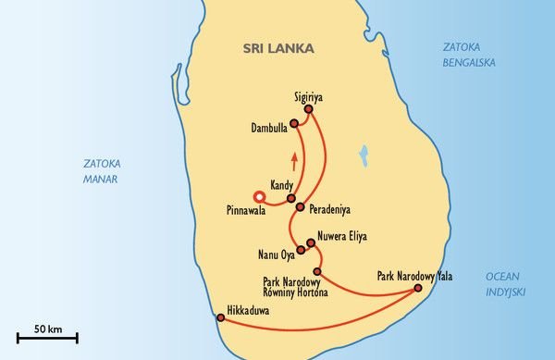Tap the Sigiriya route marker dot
pyautogui.click(x=308, y=109)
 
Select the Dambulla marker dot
pyautogui.click(x=293, y=123)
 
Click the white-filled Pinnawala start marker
pyautogui.click(x=259, y=195)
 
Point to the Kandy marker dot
pyautogui.click(x=290, y=198)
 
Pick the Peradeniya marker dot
pyautogui.click(x=300, y=207)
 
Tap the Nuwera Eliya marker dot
pyautogui.click(x=310, y=243)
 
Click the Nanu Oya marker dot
pyautogui.click(x=299, y=250)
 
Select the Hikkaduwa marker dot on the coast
pyautogui.click(x=220, y=317)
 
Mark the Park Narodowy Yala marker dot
pyautogui.click(x=417, y=288)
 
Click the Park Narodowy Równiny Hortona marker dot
pyautogui.click(x=317, y=271)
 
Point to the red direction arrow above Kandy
pyautogui.click(x=294, y=160)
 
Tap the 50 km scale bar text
pyautogui.click(x=47, y=329)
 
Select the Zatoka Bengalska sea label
pyautogui.click(x=468, y=55)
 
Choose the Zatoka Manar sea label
pyautogui.click(x=101, y=171)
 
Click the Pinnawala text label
pyautogui.click(x=246, y=211)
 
